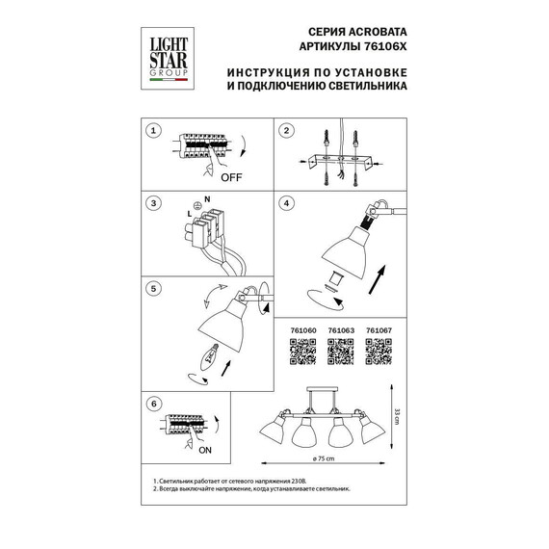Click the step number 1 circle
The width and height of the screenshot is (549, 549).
tap(151, 130)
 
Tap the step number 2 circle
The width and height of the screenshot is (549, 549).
tap(286, 130)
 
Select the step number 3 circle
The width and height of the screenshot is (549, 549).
tap(151, 204)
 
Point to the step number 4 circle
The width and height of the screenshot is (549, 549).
tap(286, 204)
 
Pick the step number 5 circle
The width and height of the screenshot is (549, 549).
tap(151, 288)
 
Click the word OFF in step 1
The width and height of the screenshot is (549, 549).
tap(231, 178)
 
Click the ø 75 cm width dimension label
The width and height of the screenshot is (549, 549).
tap(325, 458)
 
